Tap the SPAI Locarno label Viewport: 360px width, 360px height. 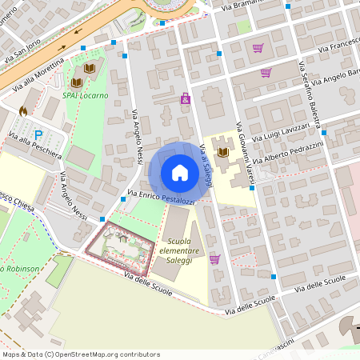pyautogui.click(x=86, y=95)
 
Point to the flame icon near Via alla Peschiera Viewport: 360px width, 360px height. pyautogui.click(x=22, y=111)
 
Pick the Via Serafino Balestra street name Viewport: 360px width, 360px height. pyautogui.click(x=309, y=95)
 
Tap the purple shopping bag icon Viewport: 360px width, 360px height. pyautogui.click(x=186, y=98)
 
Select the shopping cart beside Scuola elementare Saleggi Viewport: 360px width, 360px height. pyautogui.click(x=214, y=258)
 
